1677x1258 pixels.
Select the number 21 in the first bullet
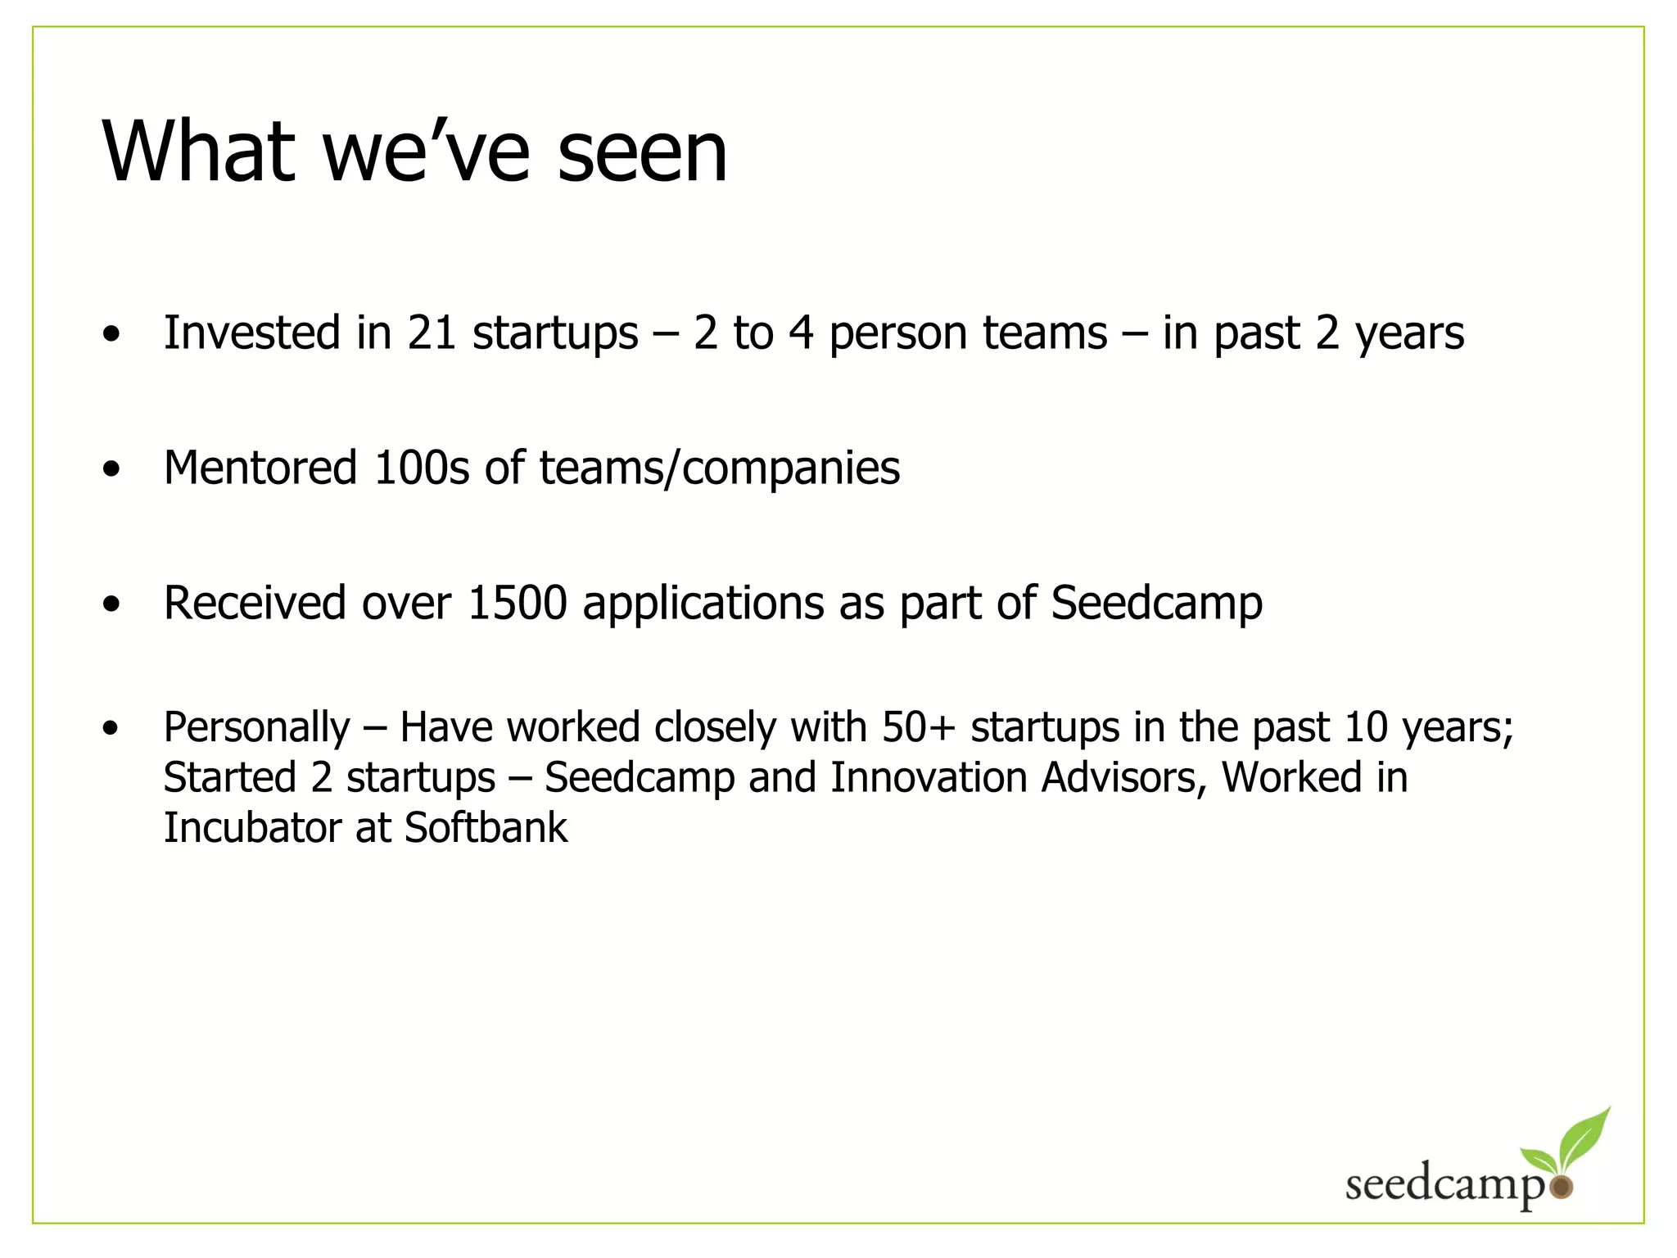(x=432, y=333)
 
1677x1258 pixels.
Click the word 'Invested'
(x=252, y=333)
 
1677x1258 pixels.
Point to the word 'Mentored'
(x=260, y=468)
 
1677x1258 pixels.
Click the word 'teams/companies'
(x=719, y=469)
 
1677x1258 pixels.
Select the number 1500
(x=518, y=603)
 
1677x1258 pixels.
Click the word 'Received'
(x=255, y=603)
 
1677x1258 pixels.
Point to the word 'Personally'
(x=256, y=728)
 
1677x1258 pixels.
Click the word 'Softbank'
(x=486, y=827)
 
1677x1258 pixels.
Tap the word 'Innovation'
(x=929, y=776)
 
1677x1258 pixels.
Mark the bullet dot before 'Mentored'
(x=111, y=469)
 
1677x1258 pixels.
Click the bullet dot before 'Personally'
(x=111, y=727)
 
